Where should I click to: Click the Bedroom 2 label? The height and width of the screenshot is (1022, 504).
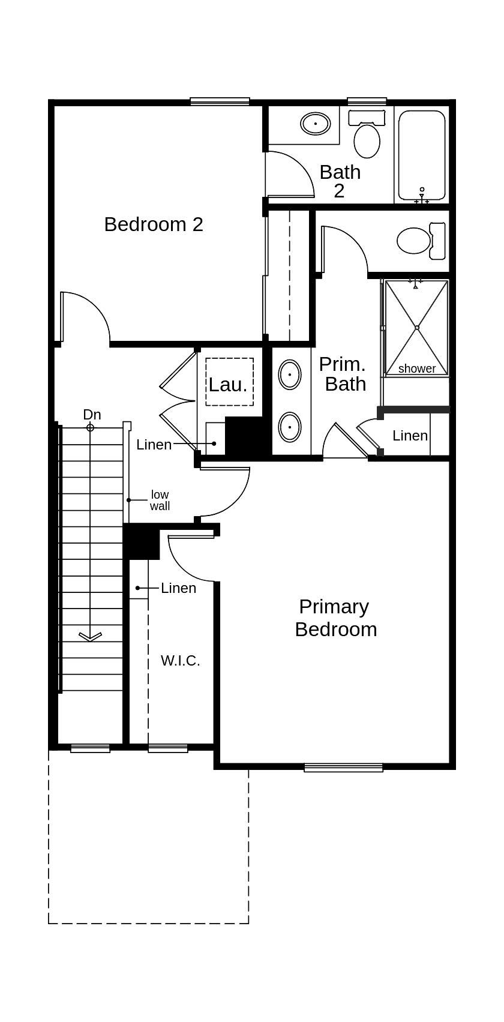154,224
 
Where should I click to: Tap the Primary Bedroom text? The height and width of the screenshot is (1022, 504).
335,618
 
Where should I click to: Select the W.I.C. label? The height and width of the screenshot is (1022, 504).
180,661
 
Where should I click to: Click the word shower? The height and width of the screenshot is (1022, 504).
417,368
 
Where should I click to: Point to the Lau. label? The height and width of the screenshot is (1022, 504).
228,385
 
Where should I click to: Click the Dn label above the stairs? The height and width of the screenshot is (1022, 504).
92,415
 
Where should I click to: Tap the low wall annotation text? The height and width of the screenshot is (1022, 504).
160,500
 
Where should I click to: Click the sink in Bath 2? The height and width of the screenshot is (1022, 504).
315,124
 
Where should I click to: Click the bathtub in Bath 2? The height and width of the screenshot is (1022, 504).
422,155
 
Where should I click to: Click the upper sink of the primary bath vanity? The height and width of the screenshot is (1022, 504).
290,375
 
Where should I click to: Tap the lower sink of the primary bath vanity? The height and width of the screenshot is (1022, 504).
290,427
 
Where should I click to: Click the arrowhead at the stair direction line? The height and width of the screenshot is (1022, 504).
91,636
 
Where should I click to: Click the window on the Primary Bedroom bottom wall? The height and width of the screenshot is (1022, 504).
343,767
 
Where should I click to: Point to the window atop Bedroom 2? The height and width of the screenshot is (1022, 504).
220,101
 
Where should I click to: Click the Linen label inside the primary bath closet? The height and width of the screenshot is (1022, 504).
410,436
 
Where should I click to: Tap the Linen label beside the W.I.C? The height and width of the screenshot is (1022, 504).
178,588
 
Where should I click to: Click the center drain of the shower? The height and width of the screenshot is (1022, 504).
416,328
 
